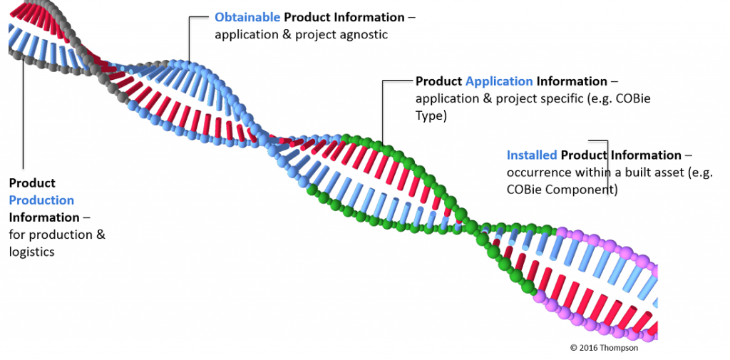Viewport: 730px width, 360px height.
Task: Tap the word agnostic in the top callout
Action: (x=362, y=34)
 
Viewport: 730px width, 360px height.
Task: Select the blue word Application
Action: (x=499, y=81)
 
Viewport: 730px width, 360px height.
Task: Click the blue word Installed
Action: (x=532, y=155)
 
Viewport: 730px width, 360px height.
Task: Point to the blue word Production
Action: (x=41, y=200)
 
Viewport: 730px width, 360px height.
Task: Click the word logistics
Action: (x=31, y=252)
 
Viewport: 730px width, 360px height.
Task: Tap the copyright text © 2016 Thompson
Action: (x=604, y=347)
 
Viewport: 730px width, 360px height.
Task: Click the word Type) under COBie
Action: (x=431, y=115)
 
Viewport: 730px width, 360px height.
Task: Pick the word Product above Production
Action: (x=32, y=183)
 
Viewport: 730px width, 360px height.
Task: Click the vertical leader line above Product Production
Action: (x=23, y=114)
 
